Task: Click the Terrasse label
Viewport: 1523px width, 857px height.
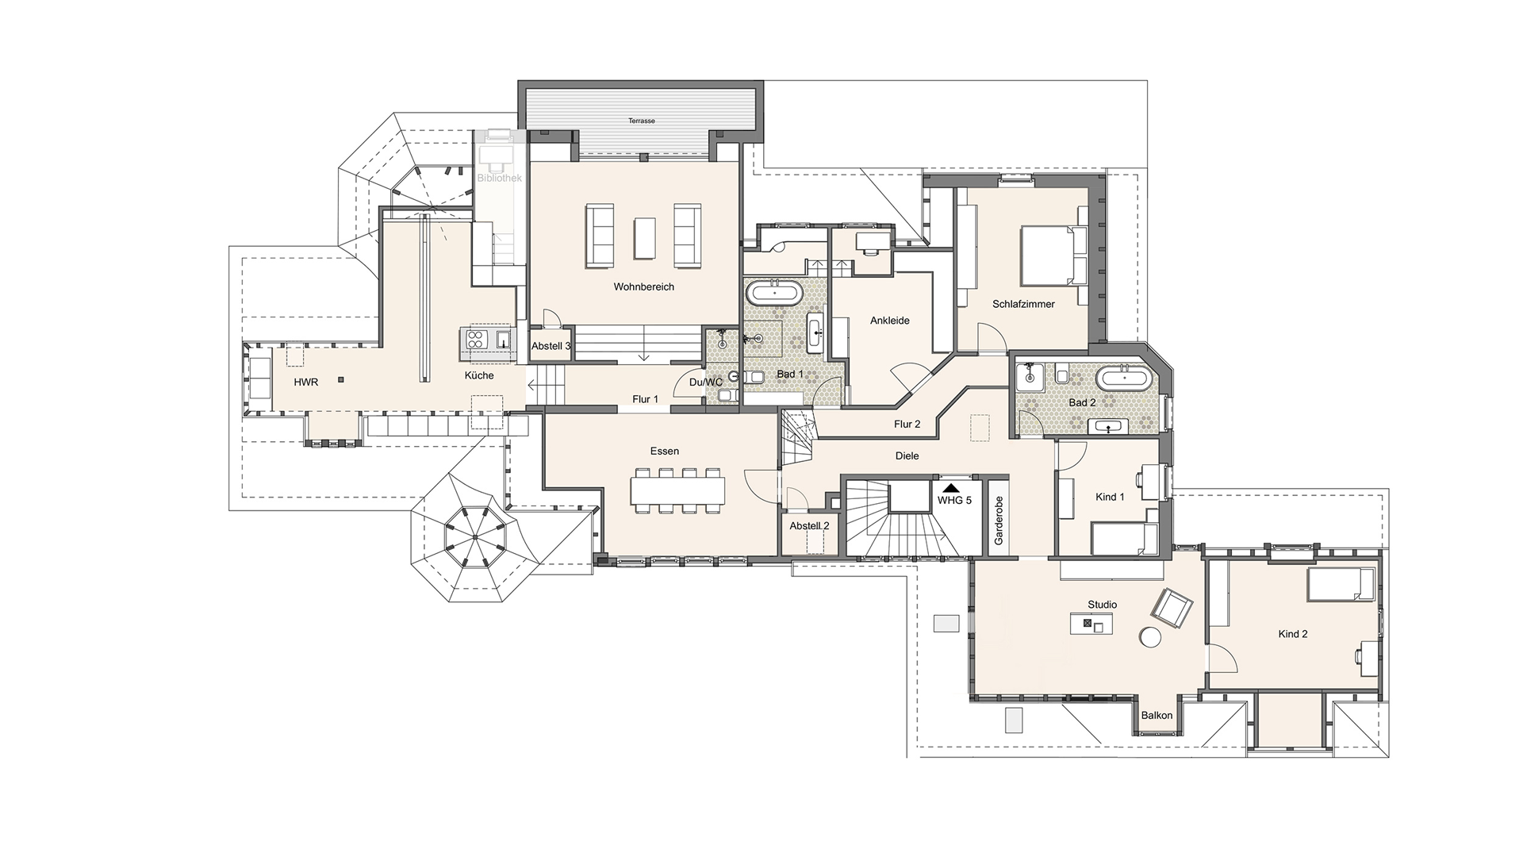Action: pyautogui.click(x=642, y=121)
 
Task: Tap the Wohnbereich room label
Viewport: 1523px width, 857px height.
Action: pyautogui.click(x=643, y=286)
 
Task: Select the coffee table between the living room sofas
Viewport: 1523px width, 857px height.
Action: pyautogui.click(x=644, y=236)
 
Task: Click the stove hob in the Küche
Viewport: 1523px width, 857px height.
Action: pyautogui.click(x=475, y=340)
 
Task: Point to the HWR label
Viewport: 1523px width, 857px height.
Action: pyautogui.click(x=306, y=382)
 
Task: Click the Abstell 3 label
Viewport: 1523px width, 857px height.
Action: pyautogui.click(x=551, y=346)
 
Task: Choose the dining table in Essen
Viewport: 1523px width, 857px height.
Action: pyautogui.click(x=678, y=490)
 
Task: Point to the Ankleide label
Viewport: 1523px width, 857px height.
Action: pyautogui.click(x=890, y=321)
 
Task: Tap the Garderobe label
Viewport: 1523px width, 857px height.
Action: pyautogui.click(x=999, y=520)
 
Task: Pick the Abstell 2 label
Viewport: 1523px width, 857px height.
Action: pyautogui.click(x=810, y=526)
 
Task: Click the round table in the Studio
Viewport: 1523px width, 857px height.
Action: pyautogui.click(x=1150, y=638)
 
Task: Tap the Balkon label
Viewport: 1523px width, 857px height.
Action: pyautogui.click(x=1157, y=716)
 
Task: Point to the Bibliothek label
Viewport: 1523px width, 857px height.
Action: pyautogui.click(x=500, y=179)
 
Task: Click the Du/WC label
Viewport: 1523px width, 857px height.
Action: pyautogui.click(x=706, y=382)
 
